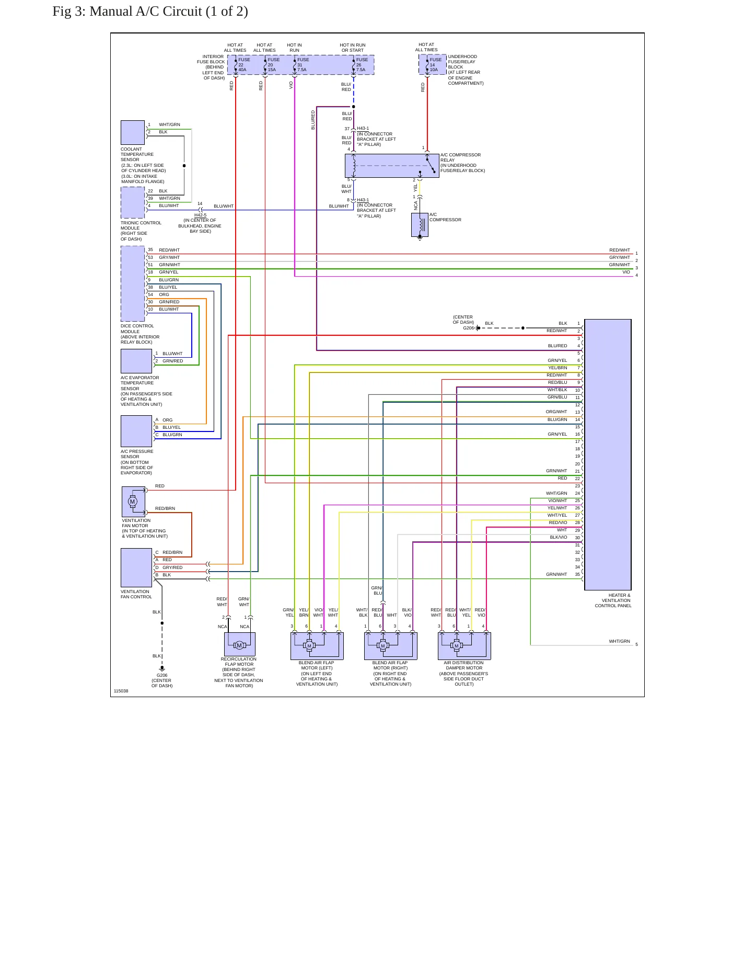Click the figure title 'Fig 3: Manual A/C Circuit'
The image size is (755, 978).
[x=150, y=12]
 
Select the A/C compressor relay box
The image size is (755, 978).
[x=392, y=166]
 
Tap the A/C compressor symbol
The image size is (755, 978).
[x=420, y=225]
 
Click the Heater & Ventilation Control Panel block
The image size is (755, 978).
[x=608, y=454]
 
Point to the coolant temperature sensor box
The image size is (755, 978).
[x=133, y=133]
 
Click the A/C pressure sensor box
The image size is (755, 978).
[x=136, y=431]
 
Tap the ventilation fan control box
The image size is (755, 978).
[x=136, y=567]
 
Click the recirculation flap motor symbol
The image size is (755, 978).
[x=240, y=644]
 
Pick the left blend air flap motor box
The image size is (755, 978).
[x=317, y=646]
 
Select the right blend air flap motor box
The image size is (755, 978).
[x=391, y=646]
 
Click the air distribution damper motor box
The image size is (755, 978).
[x=464, y=646]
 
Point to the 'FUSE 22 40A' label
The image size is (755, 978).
[x=243, y=65]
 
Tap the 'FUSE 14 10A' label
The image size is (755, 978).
[x=435, y=65]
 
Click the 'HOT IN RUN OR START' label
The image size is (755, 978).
[x=353, y=48]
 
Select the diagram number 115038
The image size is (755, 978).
[x=121, y=691]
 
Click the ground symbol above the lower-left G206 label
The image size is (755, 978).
[x=162, y=668]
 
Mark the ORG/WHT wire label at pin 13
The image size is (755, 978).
[x=556, y=412]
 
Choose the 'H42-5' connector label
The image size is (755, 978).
[x=201, y=215]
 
